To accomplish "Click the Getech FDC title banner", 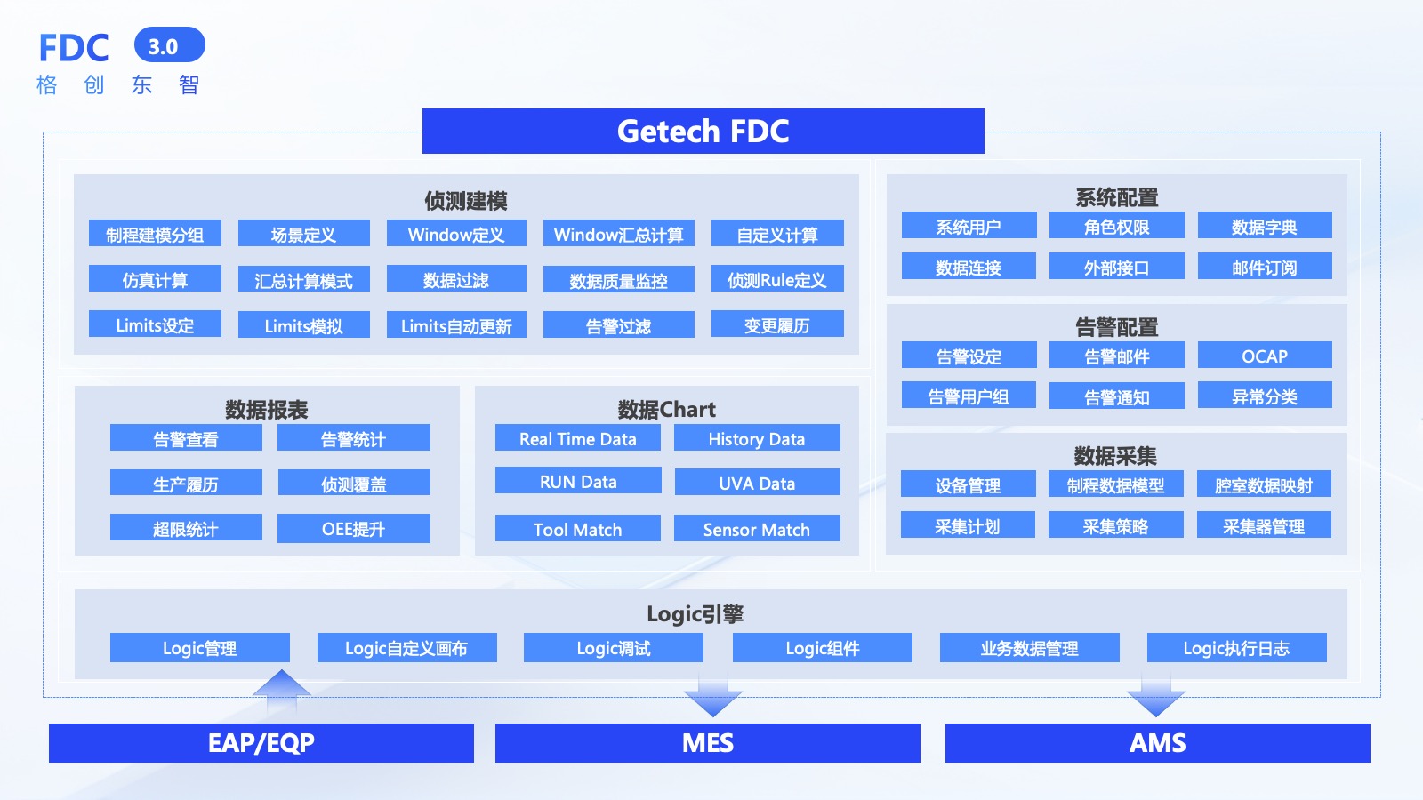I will click(x=703, y=132).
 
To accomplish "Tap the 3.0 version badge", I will click(x=169, y=46).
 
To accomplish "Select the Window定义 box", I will click(x=456, y=235).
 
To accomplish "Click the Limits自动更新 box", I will click(x=456, y=325).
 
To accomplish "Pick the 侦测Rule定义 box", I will click(x=776, y=280).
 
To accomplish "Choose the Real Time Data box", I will click(x=577, y=438).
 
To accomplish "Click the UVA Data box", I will click(x=757, y=483).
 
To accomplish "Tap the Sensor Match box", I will click(x=757, y=529).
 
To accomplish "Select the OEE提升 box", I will click(x=353, y=529).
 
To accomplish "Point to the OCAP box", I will click(x=1264, y=356).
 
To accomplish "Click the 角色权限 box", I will click(x=1116, y=227).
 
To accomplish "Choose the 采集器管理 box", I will click(x=1263, y=526).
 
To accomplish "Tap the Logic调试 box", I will click(x=613, y=648).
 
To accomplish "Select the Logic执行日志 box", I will click(x=1236, y=648).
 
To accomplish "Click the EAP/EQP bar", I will click(x=261, y=743).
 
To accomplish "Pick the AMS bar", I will click(x=1157, y=743).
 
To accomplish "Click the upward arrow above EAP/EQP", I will click(x=282, y=690).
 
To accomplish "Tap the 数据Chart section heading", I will click(x=666, y=409).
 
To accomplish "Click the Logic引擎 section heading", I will click(x=695, y=613).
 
